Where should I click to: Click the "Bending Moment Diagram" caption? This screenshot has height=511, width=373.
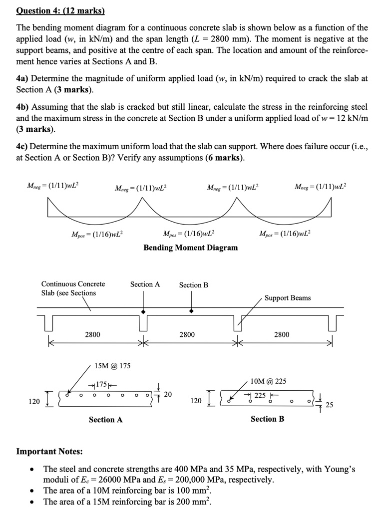click(x=190, y=248)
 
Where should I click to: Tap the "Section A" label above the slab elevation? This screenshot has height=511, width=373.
click(x=145, y=284)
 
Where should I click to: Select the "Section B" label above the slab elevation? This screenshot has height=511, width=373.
click(x=193, y=285)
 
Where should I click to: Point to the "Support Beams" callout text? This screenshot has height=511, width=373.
click(x=287, y=298)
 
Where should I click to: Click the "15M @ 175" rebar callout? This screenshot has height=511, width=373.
click(x=112, y=366)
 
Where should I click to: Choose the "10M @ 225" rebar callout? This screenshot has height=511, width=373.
click(x=268, y=381)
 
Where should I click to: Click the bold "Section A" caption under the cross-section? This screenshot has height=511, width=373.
click(x=105, y=420)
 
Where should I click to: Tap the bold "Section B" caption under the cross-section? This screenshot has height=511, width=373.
click(x=267, y=419)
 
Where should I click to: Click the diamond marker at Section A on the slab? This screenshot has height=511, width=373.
click(x=144, y=311)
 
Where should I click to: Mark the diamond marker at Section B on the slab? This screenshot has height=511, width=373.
click(x=191, y=311)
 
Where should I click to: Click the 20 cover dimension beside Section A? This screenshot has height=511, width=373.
click(x=168, y=395)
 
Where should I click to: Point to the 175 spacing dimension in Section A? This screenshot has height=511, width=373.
click(x=101, y=385)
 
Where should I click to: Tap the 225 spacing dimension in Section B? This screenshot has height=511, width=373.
click(x=260, y=395)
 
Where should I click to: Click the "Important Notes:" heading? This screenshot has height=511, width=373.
click(x=49, y=452)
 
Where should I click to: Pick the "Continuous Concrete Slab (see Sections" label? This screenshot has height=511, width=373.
click(x=73, y=288)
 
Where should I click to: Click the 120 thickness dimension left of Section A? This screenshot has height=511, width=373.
click(x=34, y=401)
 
